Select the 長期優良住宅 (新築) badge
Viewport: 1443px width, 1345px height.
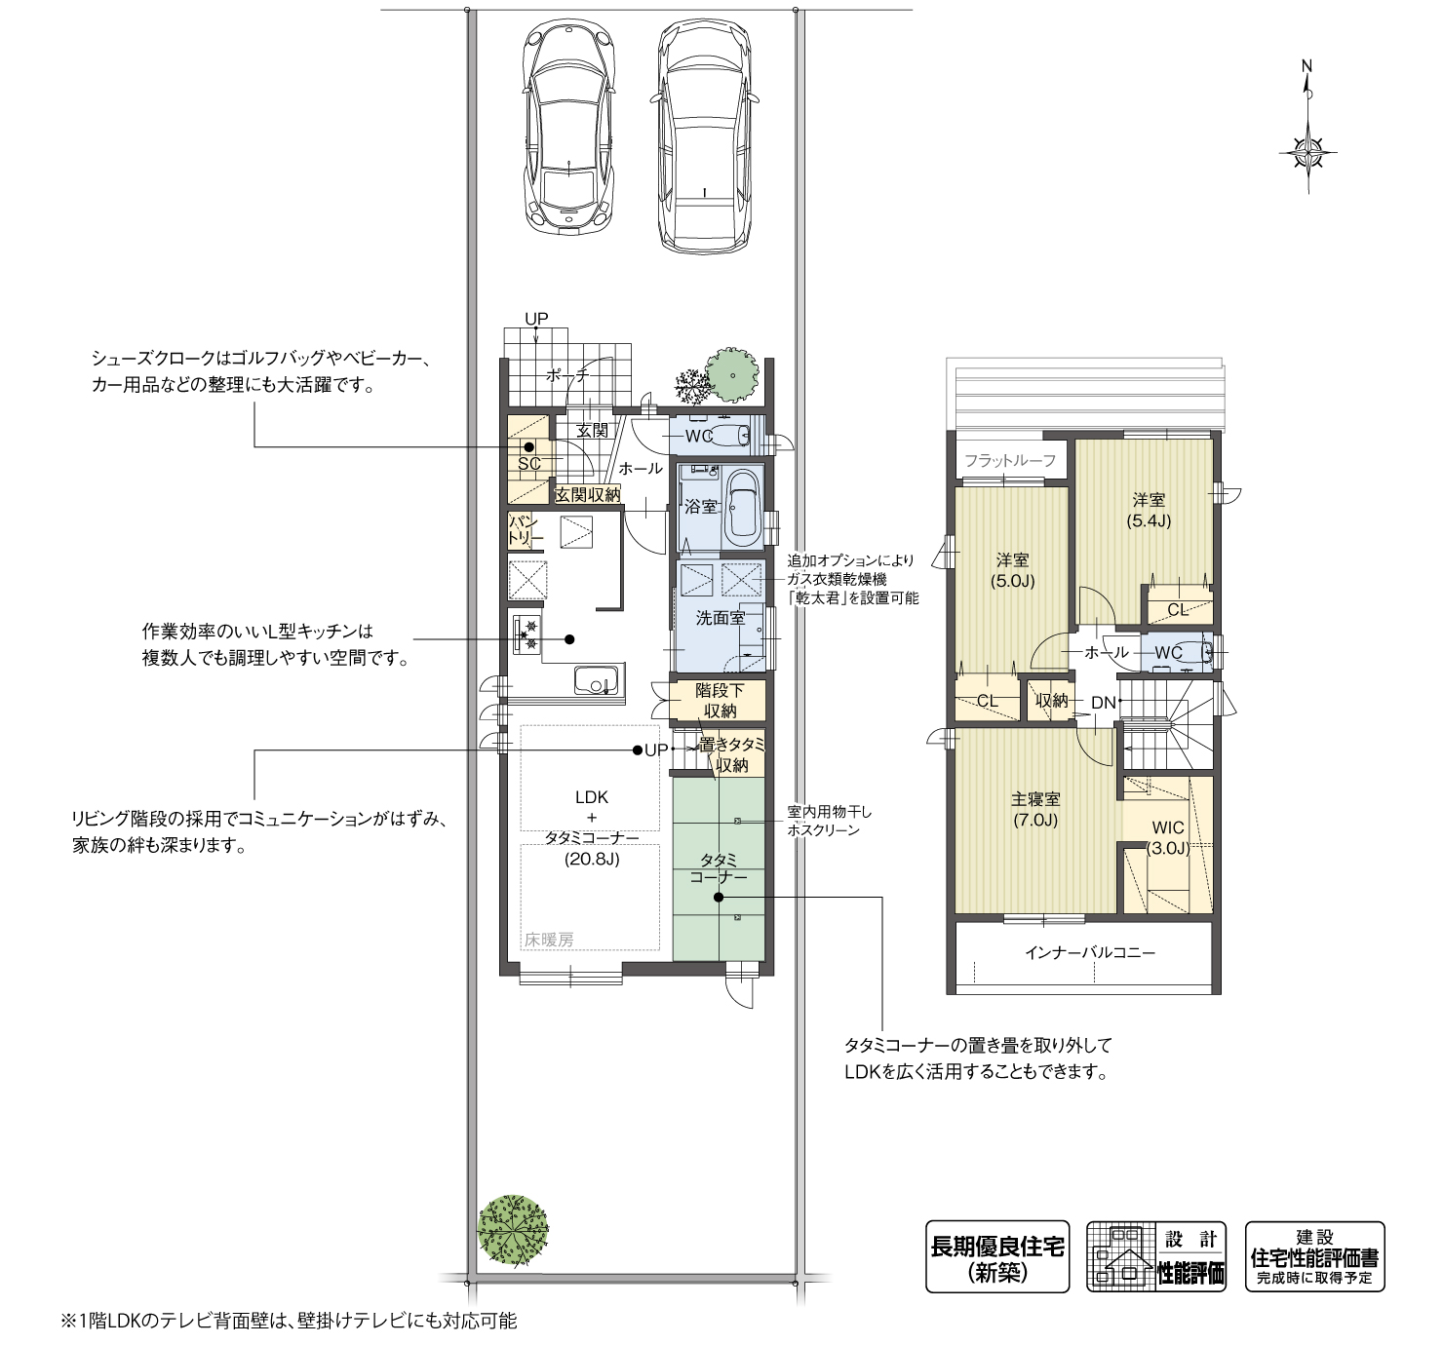click(x=997, y=1256)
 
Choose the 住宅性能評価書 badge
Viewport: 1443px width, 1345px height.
click(x=1314, y=1256)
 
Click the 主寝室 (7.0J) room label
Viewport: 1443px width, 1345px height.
click(x=1035, y=809)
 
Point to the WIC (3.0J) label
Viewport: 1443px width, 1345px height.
click(x=1168, y=838)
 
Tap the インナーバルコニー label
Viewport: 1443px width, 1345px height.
click(x=1090, y=952)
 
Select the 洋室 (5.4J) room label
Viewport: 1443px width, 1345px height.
click(x=1149, y=511)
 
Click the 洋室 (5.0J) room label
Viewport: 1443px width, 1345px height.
click(x=1012, y=570)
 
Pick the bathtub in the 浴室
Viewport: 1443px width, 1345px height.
click(x=744, y=507)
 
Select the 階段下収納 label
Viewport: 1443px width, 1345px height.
click(x=721, y=701)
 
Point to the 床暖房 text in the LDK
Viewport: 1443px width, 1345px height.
click(x=549, y=940)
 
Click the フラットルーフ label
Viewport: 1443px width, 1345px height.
click(x=1010, y=460)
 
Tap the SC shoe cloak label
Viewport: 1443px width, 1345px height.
click(x=528, y=464)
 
